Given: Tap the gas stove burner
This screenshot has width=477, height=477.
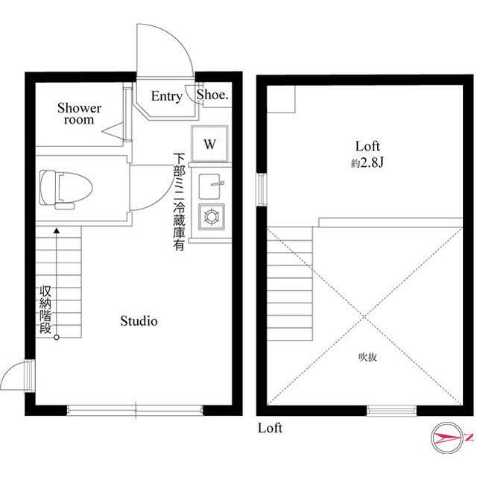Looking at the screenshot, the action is [x=212, y=217].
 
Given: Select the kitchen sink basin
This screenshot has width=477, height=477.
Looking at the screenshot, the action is [x=209, y=186].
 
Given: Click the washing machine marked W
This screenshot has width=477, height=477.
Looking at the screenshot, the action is [x=209, y=144].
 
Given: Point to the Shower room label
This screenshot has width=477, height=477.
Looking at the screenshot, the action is [x=80, y=114].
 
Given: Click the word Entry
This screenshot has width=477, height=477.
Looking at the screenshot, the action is [x=167, y=96].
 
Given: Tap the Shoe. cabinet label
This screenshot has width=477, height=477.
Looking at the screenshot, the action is [x=212, y=95].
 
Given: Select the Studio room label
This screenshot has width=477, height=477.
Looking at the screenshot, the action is [x=139, y=321].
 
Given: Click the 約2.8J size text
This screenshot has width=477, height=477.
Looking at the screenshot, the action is [x=367, y=163].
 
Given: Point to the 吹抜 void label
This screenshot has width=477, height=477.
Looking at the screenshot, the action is [x=367, y=357].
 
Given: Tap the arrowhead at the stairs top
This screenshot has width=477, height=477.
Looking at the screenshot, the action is [x=57, y=230].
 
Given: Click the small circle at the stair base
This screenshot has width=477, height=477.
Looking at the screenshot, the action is [x=57, y=337].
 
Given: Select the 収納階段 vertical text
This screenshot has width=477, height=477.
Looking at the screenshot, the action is [x=45, y=310].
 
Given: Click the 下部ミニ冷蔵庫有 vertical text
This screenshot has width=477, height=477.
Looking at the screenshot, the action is [x=179, y=202].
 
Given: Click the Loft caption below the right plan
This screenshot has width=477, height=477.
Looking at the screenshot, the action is [x=270, y=428].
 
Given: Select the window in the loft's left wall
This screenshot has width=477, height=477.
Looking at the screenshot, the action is [x=262, y=189].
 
